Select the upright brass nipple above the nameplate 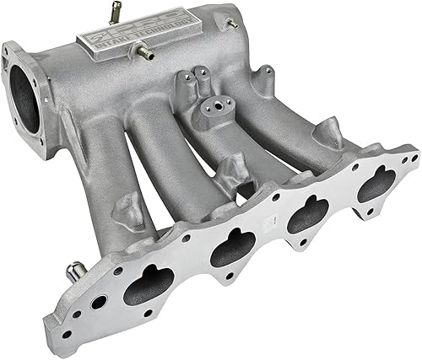tap(111, 13)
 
